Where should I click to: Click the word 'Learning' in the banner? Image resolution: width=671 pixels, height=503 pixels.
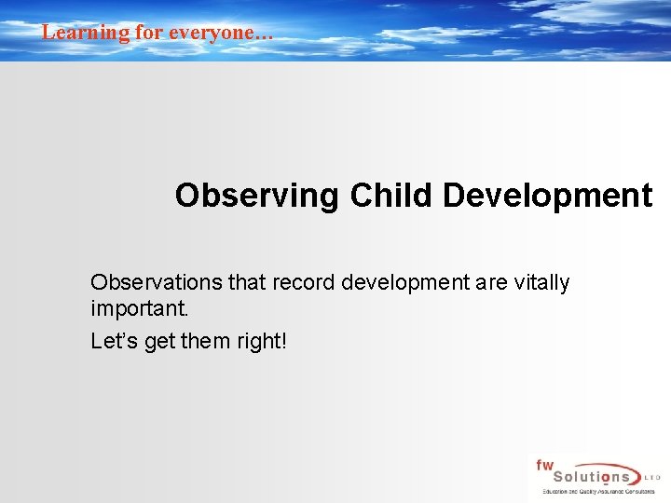[x=73, y=33]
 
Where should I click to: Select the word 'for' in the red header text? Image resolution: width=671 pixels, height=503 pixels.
[x=148, y=33]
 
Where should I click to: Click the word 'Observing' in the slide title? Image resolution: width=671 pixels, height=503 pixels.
[x=257, y=196]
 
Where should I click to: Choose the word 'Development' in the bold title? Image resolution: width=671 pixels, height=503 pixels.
[x=548, y=196]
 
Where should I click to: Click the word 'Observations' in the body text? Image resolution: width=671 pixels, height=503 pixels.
[x=151, y=282]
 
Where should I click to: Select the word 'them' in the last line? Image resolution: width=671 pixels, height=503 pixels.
[x=201, y=342]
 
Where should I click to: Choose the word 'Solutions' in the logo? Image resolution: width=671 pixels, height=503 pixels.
[x=586, y=476]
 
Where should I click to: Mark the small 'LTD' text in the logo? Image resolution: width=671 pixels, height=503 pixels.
[x=652, y=477]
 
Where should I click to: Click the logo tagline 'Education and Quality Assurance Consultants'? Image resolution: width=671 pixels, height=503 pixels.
[x=599, y=491]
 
